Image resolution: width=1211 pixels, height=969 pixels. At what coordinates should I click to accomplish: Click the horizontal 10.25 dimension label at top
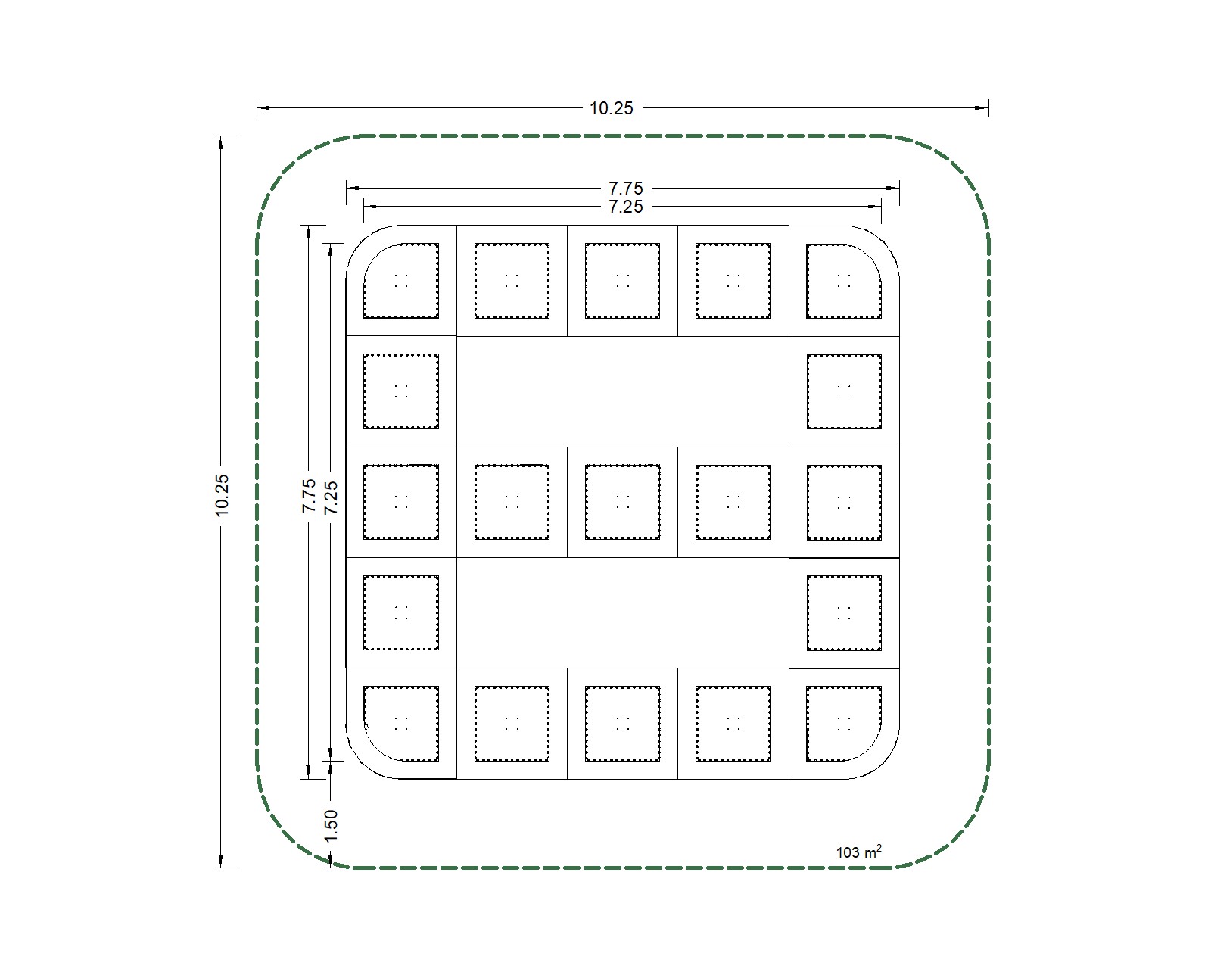click(x=611, y=108)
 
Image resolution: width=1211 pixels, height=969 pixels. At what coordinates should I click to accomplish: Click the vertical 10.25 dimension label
click(x=222, y=495)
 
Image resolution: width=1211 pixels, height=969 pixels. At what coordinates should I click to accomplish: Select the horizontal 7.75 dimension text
click(x=626, y=188)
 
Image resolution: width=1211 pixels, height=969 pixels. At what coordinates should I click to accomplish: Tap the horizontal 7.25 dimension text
click(x=626, y=207)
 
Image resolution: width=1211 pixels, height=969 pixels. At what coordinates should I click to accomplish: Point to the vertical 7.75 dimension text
click(x=309, y=496)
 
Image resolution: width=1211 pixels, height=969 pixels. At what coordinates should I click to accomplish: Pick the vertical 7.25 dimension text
click(x=331, y=497)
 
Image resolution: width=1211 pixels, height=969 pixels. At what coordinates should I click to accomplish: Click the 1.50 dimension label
click(x=331, y=825)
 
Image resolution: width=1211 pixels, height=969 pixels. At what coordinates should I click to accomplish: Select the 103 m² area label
click(x=859, y=852)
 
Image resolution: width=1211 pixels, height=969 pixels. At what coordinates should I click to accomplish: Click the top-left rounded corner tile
click(x=401, y=281)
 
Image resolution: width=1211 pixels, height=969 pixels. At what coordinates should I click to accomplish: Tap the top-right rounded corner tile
click(x=844, y=281)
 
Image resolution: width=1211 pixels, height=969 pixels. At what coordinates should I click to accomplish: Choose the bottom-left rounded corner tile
click(x=401, y=724)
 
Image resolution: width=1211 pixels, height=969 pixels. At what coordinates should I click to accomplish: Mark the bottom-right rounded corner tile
click(x=844, y=724)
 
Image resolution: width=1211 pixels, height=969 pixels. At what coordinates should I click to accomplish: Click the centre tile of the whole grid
click(x=622, y=502)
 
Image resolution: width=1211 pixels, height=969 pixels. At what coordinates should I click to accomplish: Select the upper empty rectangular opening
click(x=623, y=391)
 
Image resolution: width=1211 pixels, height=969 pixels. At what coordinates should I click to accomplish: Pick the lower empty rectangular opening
click(x=623, y=612)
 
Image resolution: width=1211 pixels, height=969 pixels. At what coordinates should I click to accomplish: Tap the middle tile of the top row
click(x=622, y=281)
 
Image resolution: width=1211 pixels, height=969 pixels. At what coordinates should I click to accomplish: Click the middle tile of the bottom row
click(x=622, y=724)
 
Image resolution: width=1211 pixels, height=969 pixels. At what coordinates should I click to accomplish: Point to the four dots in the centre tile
click(x=623, y=502)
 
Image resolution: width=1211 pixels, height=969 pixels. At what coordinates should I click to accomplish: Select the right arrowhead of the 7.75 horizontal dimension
click(x=892, y=188)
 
